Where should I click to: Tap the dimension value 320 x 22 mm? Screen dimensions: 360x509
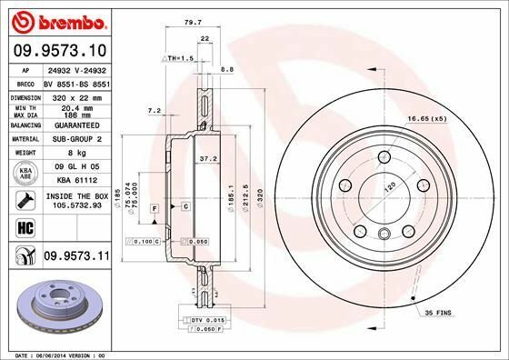(74, 95)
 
